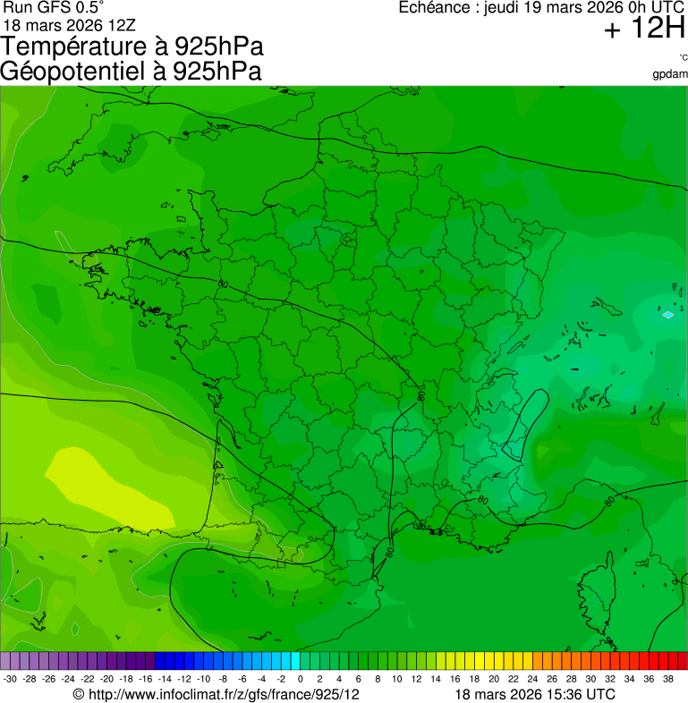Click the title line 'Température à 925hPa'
click(132, 47)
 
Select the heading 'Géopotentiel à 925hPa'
click(131, 72)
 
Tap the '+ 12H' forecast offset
click(644, 30)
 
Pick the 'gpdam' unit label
click(670, 73)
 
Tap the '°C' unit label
click(683, 58)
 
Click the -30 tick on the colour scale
click(11, 679)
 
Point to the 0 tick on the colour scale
click(300, 679)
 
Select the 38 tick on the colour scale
click(667, 679)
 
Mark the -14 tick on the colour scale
click(166, 679)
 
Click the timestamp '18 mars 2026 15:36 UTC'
click(534, 694)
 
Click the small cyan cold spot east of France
click(667, 315)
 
